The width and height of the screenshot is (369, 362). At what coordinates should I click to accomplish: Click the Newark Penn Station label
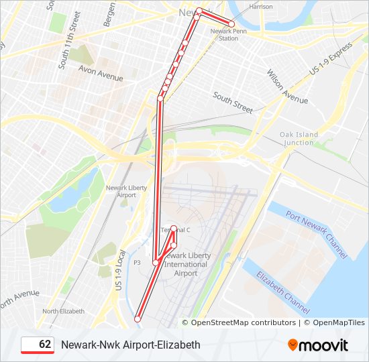[x=224, y=34]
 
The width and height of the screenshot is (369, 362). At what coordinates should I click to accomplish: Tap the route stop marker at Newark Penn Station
[x=231, y=24]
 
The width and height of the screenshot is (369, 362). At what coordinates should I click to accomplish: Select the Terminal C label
[x=176, y=230]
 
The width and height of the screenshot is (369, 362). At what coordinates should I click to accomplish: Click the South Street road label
[x=233, y=101]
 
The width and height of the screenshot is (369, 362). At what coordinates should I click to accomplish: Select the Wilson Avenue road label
[x=287, y=86]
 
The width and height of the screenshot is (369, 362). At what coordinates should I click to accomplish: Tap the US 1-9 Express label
[x=330, y=60]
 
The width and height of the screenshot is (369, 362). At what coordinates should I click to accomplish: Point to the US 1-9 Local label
[x=121, y=270]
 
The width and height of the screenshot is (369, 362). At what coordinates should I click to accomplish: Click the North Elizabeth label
[x=64, y=311]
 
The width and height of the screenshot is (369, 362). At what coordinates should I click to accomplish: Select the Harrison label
[x=261, y=7]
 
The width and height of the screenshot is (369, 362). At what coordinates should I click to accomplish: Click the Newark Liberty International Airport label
[x=187, y=264]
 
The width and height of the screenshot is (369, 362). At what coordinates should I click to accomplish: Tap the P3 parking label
[x=137, y=263]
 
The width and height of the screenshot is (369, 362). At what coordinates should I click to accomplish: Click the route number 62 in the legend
[x=45, y=345]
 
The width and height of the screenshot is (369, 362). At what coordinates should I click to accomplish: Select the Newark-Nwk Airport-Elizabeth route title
[x=130, y=345]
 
